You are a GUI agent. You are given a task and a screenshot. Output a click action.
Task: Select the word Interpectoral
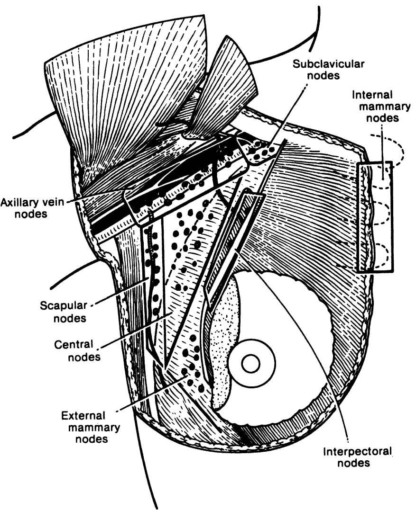(357, 452)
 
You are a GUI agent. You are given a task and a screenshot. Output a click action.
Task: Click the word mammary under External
(90, 428)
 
